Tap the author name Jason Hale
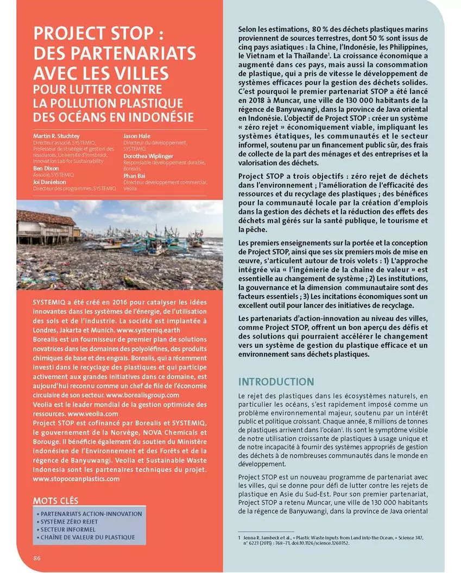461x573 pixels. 137,135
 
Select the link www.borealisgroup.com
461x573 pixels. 143,395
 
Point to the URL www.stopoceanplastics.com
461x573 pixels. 76,479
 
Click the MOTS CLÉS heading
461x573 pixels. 56,500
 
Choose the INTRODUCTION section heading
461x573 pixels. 276,382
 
